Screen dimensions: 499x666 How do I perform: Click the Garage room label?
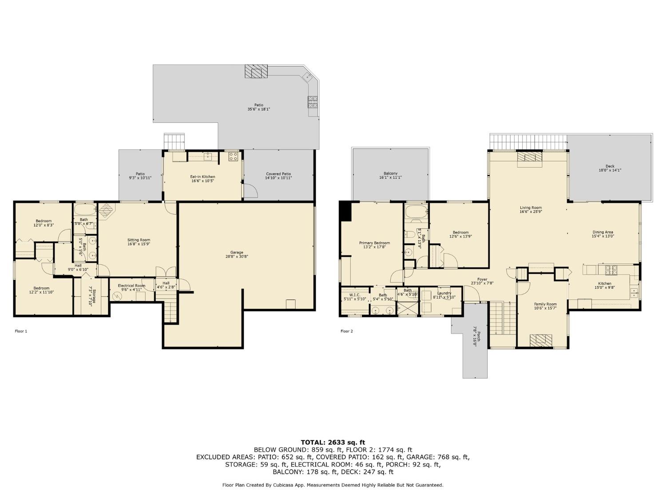click(x=237, y=254)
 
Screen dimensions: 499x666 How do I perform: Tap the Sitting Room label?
click(x=139, y=242)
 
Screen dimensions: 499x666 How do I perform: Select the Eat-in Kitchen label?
click(x=202, y=179)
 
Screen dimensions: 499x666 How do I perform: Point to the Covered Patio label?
click(x=279, y=176)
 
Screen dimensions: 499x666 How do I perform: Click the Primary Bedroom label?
click(x=374, y=245)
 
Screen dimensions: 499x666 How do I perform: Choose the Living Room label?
click(x=531, y=209)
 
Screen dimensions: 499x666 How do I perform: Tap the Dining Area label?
click(x=603, y=234)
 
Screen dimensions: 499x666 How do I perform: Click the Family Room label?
click(x=545, y=306)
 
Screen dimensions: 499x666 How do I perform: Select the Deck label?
click(x=610, y=168)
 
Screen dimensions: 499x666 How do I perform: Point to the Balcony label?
click(x=390, y=175)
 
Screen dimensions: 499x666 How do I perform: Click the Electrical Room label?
click(x=131, y=287)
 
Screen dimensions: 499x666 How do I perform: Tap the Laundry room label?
click(x=444, y=295)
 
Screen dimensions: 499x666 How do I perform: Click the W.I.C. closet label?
click(x=354, y=297)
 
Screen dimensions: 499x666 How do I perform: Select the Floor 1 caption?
click(x=21, y=331)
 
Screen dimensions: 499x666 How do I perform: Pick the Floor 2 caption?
click(x=346, y=331)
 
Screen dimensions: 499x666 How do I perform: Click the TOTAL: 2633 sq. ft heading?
click(x=333, y=442)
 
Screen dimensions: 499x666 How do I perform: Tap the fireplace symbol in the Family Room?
click(x=541, y=340)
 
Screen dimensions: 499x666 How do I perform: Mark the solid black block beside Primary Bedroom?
click(x=345, y=211)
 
